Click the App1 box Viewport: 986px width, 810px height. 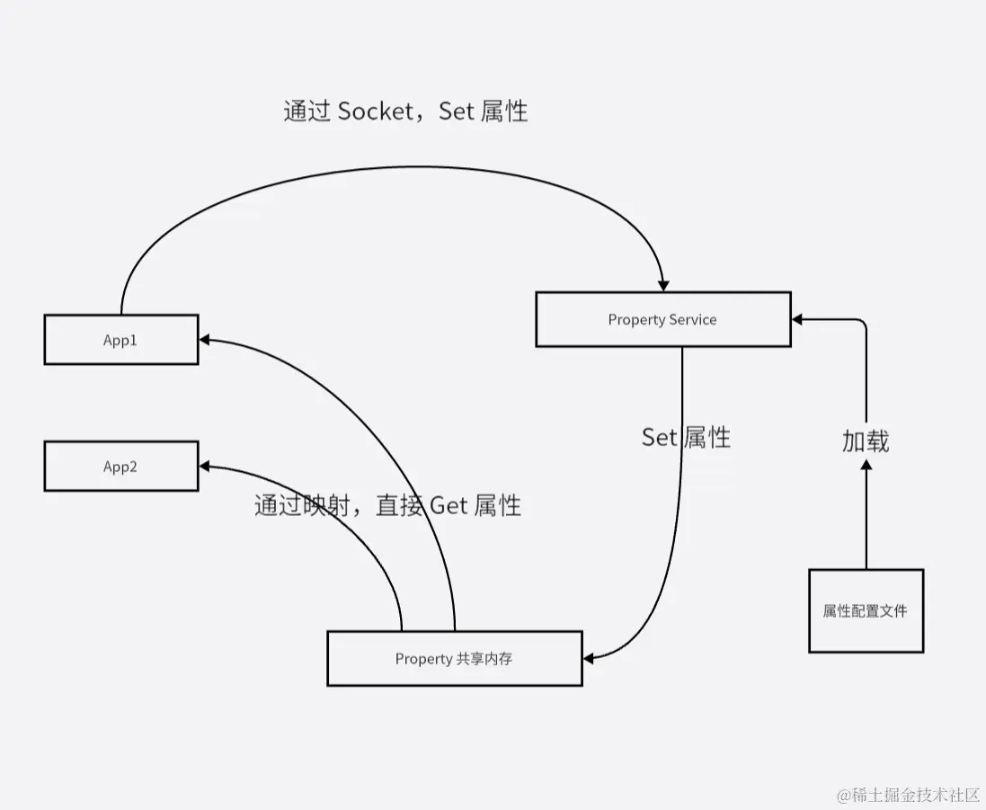(x=121, y=340)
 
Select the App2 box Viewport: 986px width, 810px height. (x=121, y=467)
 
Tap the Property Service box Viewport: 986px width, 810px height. (x=662, y=319)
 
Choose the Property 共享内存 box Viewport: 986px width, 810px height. (x=454, y=659)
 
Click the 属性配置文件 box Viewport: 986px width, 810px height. (x=866, y=611)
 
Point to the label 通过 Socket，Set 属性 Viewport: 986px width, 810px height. (x=405, y=111)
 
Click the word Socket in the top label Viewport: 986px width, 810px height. (x=377, y=111)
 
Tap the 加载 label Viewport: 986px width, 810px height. (x=866, y=441)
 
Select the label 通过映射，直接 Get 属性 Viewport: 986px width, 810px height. (x=387, y=505)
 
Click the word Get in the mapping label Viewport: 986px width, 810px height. (x=449, y=505)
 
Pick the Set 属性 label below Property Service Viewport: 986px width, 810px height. (x=686, y=438)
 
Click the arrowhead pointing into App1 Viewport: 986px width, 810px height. (x=205, y=340)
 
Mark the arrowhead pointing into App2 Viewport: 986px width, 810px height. (x=205, y=467)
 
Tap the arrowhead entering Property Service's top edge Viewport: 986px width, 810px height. (x=663, y=284)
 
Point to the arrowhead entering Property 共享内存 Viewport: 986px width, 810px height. (x=590, y=659)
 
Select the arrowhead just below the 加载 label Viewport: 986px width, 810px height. (x=866, y=465)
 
